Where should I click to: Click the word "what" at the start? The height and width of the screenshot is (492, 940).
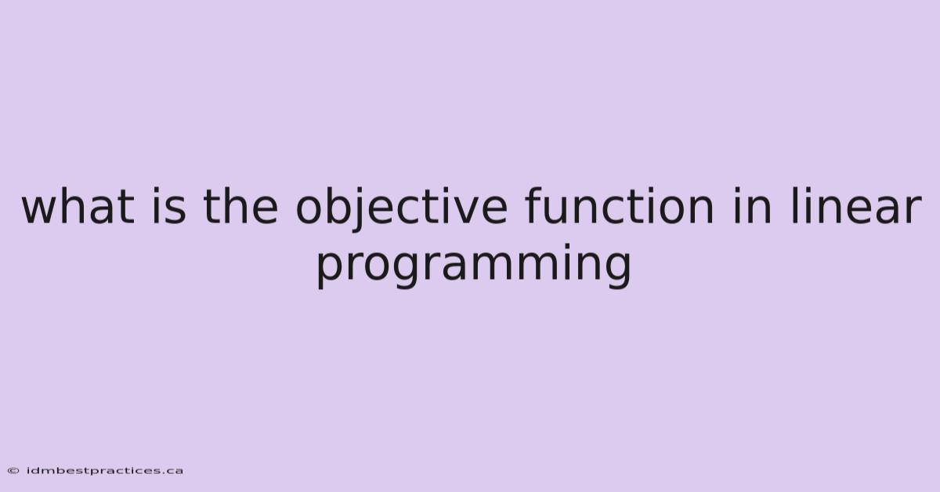coord(78,206)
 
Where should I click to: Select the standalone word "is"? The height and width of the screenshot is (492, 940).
coord(168,206)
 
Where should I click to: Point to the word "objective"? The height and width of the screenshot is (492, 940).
coord(402,209)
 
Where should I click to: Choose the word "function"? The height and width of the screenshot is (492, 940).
coord(620,206)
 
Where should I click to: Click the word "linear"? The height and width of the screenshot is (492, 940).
coord(856,206)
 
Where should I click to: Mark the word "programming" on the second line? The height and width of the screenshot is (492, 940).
coord(474,266)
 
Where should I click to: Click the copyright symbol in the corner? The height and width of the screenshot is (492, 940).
coord(13,471)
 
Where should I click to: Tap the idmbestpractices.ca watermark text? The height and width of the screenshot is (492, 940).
coord(104,471)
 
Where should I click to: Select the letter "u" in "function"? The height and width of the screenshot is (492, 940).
coord(560,210)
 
